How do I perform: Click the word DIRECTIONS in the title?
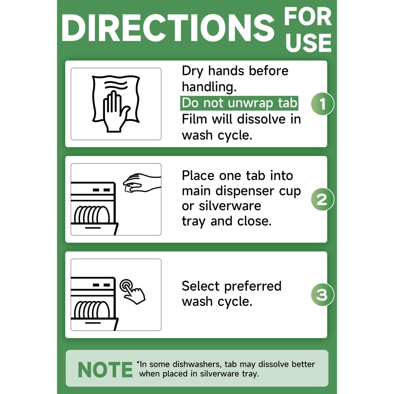(x=168, y=28)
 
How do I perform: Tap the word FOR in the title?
(x=308, y=17)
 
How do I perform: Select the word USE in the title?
(x=308, y=43)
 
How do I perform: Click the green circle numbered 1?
(x=322, y=104)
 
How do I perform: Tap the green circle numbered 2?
(x=322, y=199)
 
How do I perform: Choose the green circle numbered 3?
(x=322, y=295)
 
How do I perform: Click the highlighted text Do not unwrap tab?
(x=239, y=103)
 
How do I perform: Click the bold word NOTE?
(x=105, y=370)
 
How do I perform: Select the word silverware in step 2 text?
(x=230, y=206)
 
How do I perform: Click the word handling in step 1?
(x=209, y=87)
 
